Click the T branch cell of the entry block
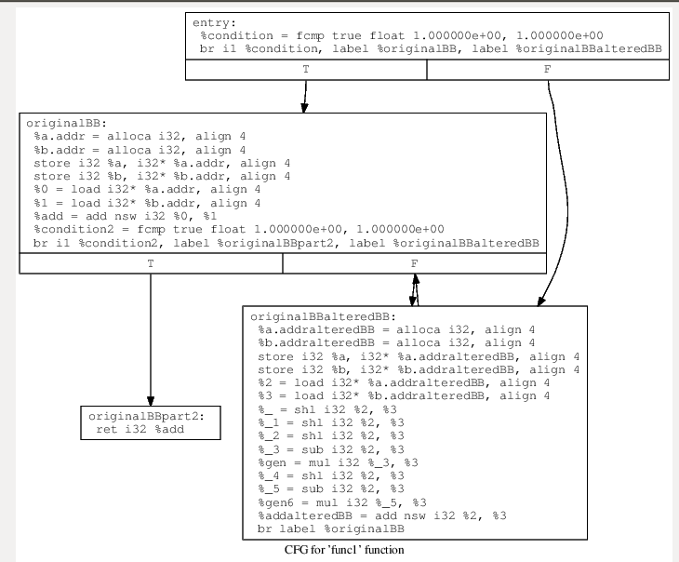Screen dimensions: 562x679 coord(306,71)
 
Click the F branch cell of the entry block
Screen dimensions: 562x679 coord(547,71)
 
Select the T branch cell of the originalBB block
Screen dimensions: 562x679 coord(151,264)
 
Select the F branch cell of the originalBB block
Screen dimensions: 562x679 coord(414,264)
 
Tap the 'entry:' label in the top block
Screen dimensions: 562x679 coord(214,22)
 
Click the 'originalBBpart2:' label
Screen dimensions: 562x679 coord(150,416)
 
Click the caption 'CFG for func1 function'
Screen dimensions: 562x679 coord(344,550)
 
